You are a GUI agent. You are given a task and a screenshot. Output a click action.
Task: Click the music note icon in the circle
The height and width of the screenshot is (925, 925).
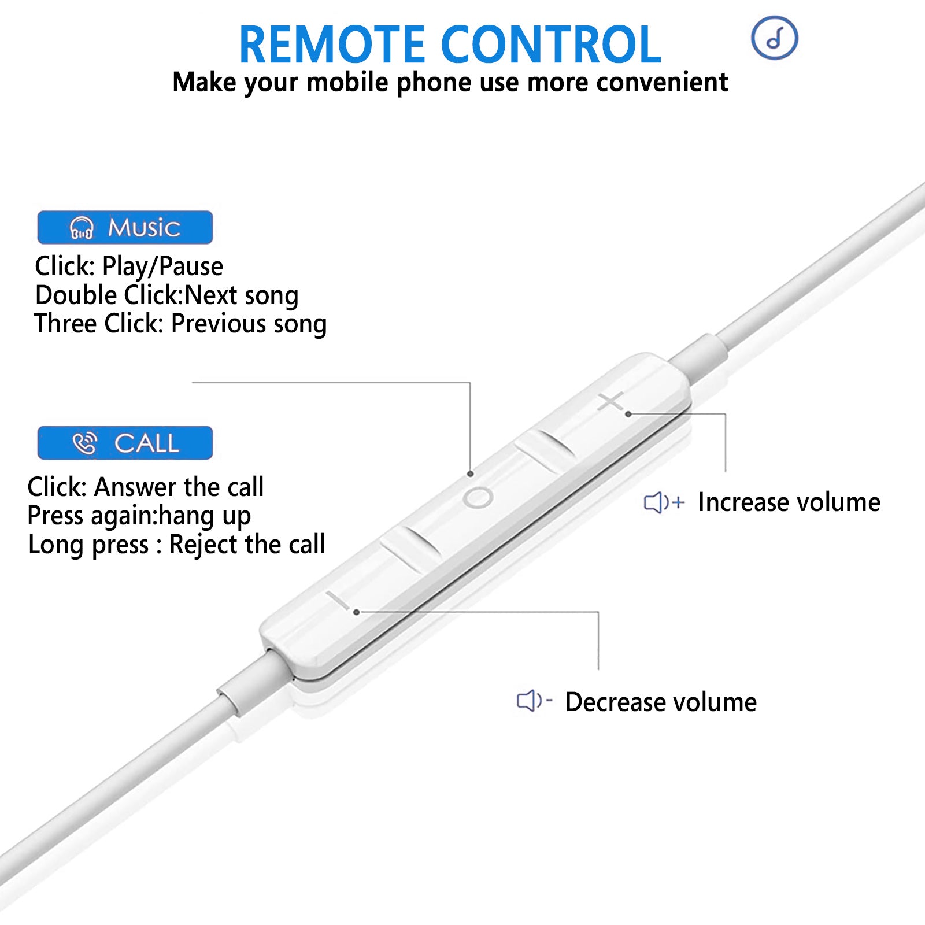point(775,38)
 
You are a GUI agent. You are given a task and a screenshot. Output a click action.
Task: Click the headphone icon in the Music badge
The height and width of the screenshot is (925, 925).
point(82,228)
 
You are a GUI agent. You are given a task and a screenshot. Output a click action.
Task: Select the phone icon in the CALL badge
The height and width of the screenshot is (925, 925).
point(85,443)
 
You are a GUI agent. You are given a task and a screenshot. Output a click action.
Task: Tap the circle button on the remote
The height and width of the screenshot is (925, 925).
point(478,497)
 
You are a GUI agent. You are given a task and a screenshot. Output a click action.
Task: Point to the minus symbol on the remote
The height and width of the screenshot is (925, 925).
point(338,600)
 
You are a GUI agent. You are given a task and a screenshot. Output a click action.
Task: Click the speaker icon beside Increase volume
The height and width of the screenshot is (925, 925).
point(664,502)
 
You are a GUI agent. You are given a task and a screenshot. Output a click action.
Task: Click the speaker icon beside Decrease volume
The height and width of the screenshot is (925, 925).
point(534,701)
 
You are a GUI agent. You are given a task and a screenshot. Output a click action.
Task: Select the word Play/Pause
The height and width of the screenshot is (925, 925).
point(162,267)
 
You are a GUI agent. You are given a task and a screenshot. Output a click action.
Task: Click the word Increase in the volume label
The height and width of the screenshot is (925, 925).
point(738,502)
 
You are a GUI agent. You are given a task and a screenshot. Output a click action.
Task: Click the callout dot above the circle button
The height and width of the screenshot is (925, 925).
point(471,474)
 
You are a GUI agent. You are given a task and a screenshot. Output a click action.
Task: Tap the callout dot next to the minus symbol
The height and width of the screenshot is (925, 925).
point(357,612)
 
